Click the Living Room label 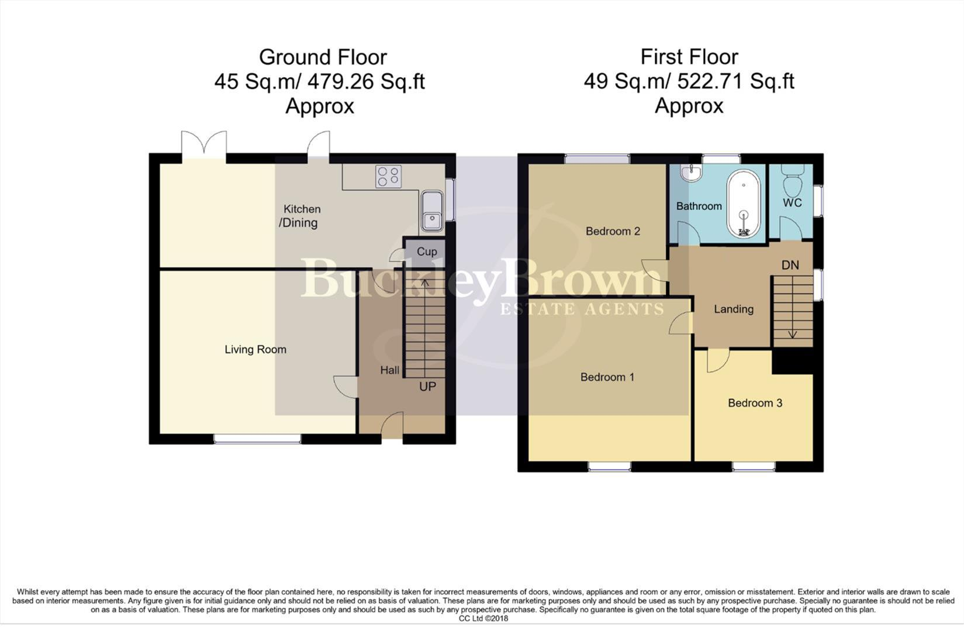(x=255, y=349)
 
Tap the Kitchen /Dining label (x=300, y=216)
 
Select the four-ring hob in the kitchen (x=388, y=177)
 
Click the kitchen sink (x=431, y=211)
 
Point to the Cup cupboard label (x=427, y=252)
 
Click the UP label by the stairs (x=427, y=387)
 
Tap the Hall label (x=390, y=370)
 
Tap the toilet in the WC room (x=793, y=182)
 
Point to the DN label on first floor (x=790, y=265)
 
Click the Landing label (x=734, y=309)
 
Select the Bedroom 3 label (x=755, y=403)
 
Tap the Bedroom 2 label (x=613, y=231)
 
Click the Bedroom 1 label (x=607, y=377)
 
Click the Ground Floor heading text (x=323, y=57)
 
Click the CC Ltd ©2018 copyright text (x=483, y=618)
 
